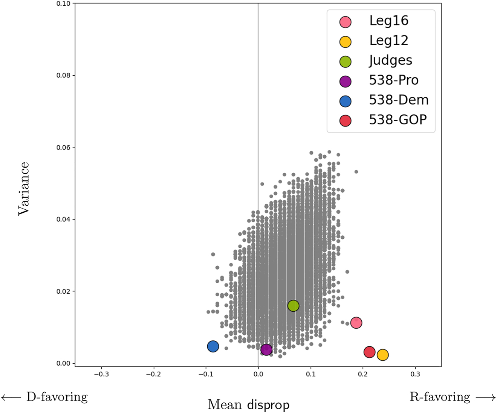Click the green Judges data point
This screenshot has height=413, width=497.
coord(293,306)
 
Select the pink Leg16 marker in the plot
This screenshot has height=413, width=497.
coord(356,323)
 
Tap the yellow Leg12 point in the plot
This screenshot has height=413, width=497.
coord(382,355)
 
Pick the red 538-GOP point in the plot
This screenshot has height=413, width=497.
coord(369,352)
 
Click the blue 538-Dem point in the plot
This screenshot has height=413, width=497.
coord(213,346)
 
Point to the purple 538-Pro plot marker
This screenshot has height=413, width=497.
coord(266,350)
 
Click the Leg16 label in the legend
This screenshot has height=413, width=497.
coord(388,21)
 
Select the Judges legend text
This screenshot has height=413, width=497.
coord(390,61)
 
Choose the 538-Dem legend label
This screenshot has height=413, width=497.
coord(399,100)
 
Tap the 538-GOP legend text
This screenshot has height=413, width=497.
coord(398,120)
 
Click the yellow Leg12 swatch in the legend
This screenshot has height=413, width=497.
coord(345,41)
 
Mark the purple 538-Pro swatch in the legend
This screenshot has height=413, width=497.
coord(345,81)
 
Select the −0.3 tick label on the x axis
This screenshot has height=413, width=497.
coord(101,375)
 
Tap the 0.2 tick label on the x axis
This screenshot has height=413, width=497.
coord(362,375)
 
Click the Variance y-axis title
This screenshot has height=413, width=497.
coord(23,188)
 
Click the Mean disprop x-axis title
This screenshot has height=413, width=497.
coord(248,405)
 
